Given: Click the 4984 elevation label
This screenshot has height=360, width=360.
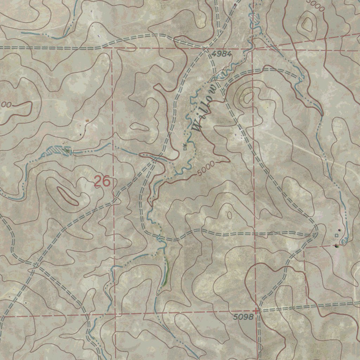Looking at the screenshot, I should [x=222, y=54].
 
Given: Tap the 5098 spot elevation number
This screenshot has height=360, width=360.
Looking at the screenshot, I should [x=243, y=317].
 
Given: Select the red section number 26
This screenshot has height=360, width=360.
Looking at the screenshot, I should [x=102, y=182].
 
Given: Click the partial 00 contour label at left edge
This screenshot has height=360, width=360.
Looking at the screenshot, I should [x=6, y=104].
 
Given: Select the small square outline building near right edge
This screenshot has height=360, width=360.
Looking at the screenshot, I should [x=336, y=235].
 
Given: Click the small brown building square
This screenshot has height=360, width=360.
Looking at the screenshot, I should [x=87, y=121].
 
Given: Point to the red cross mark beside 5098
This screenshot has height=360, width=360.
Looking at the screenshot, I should [x=257, y=311].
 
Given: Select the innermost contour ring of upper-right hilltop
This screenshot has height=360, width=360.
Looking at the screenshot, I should [x=307, y=24].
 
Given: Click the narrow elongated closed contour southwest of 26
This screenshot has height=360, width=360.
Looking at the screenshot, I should [x=68, y=196].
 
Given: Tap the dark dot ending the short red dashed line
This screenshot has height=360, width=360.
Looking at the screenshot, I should [x=336, y=245].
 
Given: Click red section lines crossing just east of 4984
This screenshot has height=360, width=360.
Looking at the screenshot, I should [x=253, y=49].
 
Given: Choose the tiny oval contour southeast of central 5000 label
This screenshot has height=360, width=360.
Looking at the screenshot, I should [x=230, y=215].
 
